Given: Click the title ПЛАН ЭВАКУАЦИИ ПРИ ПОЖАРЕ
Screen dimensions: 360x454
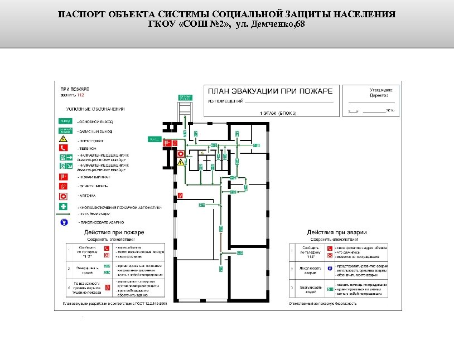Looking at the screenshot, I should [x=271, y=91].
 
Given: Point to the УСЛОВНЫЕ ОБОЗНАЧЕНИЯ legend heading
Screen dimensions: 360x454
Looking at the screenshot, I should [x=95, y=109].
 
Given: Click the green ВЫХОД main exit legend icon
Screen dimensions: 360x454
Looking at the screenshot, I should [x=65, y=121].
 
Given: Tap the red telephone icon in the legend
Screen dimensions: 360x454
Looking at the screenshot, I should [x=64, y=148].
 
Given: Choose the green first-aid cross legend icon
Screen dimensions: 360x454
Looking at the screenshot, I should [x=64, y=206].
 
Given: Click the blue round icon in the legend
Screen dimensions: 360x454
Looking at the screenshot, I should [x=64, y=221].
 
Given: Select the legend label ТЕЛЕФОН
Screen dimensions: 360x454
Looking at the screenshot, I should [x=88, y=148].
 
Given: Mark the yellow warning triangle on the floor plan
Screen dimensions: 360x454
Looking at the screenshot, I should [x=181, y=162].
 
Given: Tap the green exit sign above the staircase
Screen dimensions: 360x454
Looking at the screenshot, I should [x=185, y=98].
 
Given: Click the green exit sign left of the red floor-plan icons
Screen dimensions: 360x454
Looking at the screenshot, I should [x=154, y=138].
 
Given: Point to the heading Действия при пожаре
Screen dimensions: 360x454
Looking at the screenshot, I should [x=114, y=232].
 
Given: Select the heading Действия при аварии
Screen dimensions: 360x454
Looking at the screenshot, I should [x=336, y=232].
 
